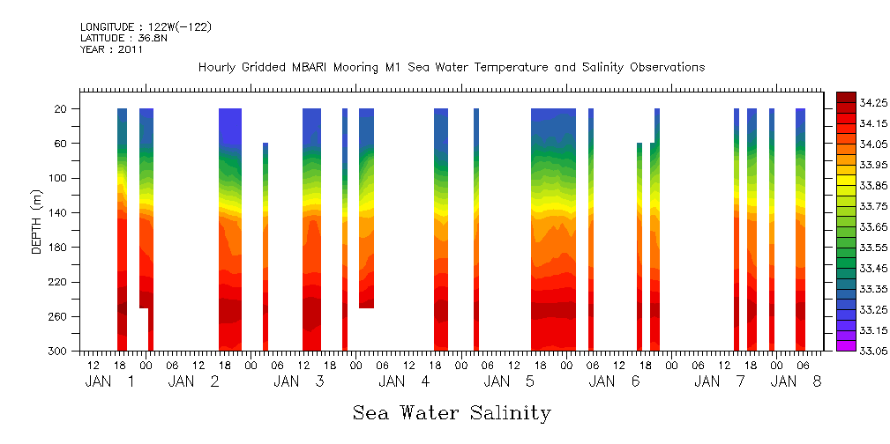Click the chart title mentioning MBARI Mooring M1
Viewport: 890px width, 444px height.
click(x=452, y=68)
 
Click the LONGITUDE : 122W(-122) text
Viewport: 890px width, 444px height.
click(x=146, y=27)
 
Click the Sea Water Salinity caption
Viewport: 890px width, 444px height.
click(x=452, y=412)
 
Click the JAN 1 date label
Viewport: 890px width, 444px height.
click(x=110, y=381)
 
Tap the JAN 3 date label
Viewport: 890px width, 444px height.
click(x=299, y=381)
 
